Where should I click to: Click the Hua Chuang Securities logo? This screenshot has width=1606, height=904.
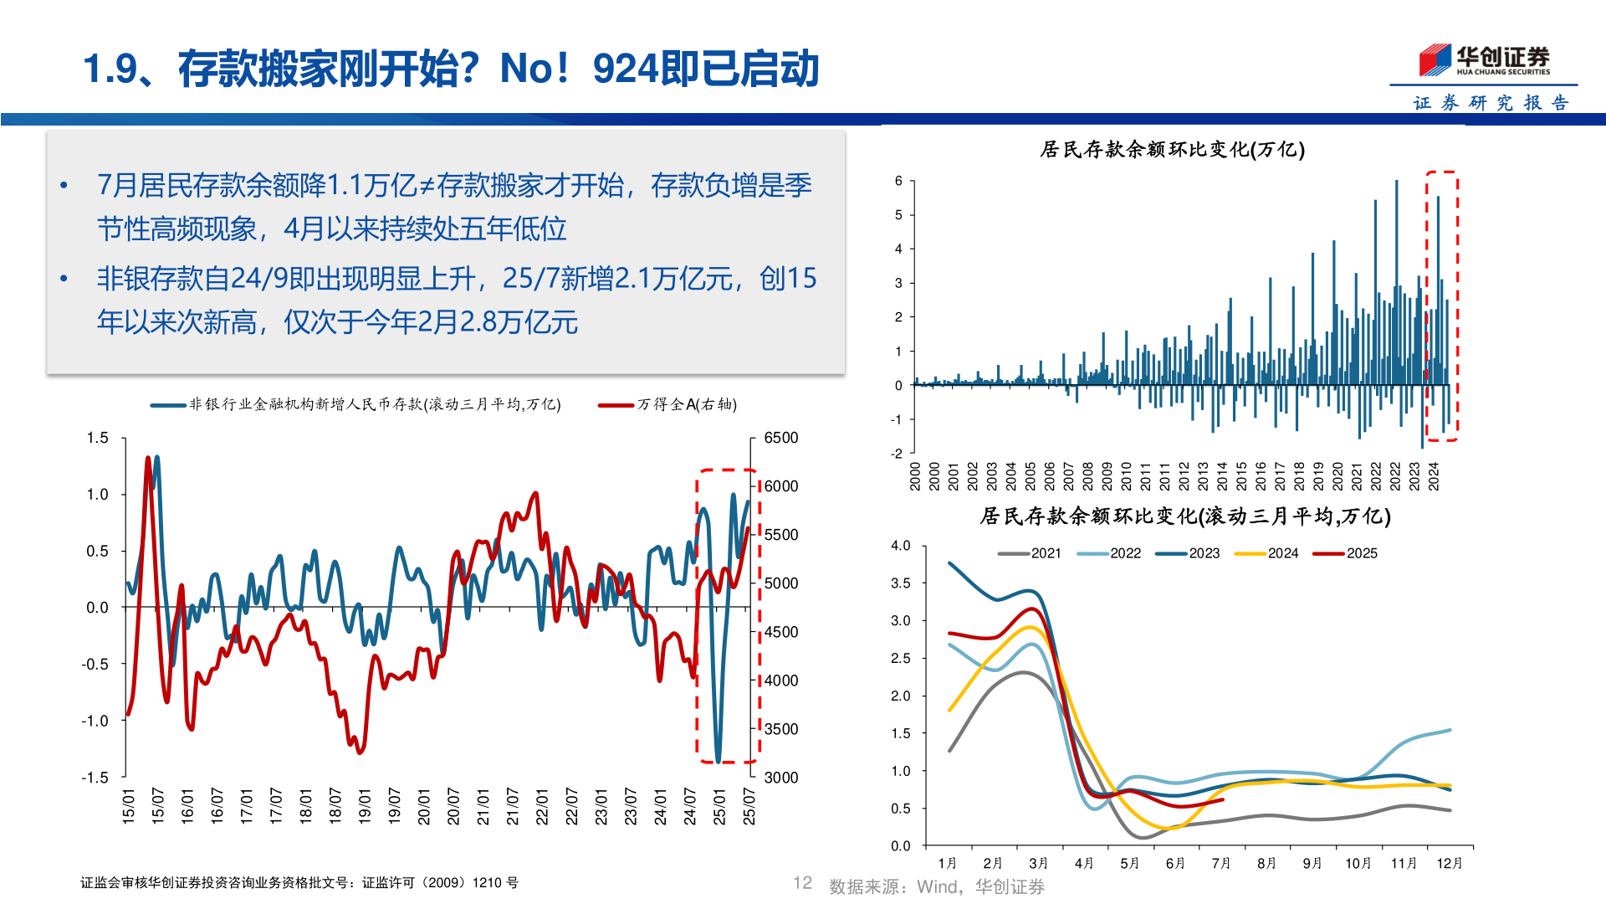pyautogui.click(x=1484, y=60)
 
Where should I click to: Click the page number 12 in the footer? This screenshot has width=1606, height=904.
pyautogui.click(x=802, y=883)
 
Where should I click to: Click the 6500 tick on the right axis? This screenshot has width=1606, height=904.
pyautogui.click(x=780, y=438)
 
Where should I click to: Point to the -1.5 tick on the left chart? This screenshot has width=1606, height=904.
pyautogui.click(x=95, y=778)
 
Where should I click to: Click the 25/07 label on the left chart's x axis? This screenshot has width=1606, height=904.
pyautogui.click(x=749, y=806)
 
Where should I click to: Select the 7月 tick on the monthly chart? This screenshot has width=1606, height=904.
pyautogui.click(x=1220, y=863)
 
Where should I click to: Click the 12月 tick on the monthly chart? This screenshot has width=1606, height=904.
pyautogui.click(x=1449, y=863)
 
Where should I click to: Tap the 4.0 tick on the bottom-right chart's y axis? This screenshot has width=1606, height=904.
pyautogui.click(x=900, y=546)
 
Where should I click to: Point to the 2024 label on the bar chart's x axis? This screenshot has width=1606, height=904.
pyautogui.click(x=1433, y=475)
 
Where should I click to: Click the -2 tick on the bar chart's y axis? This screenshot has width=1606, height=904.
pyautogui.click(x=898, y=454)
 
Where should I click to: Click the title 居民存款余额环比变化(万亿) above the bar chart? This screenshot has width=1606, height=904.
pyautogui.click(x=1172, y=150)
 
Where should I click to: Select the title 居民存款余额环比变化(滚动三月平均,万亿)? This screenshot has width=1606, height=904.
pyautogui.click(x=1184, y=516)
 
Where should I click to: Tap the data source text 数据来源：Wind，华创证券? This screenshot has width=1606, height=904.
pyautogui.click(x=936, y=886)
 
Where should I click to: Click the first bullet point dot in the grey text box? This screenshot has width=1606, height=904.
pyautogui.click(x=64, y=186)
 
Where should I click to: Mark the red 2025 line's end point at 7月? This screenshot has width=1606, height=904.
pyautogui.click(x=1223, y=799)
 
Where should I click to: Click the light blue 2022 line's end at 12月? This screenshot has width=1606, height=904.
pyautogui.click(x=1450, y=730)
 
